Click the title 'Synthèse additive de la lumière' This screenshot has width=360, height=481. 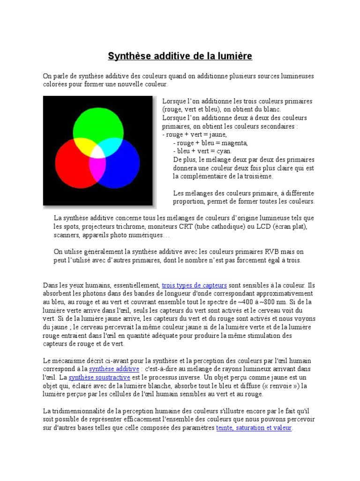pos(180,56)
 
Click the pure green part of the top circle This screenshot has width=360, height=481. pos(98,120)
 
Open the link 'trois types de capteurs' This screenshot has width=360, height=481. pos(194,285)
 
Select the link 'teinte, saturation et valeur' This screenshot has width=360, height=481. pos(254,428)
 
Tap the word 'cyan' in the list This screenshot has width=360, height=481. pos(222,151)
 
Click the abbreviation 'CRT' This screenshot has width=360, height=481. pos(187,226)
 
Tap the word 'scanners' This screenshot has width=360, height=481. pos(67,235)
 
